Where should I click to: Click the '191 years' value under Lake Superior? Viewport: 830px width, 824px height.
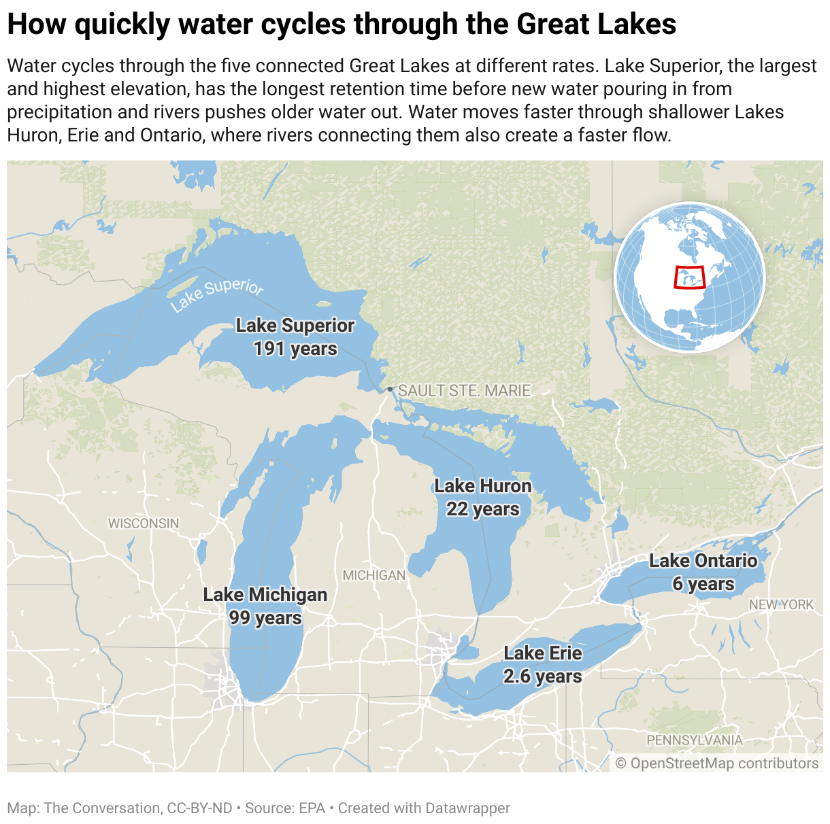[x=295, y=349]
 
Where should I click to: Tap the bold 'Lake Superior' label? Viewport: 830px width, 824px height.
[x=295, y=326]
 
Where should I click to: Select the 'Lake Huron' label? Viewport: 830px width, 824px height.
[x=482, y=486]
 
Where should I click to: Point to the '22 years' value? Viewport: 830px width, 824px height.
[x=482, y=509]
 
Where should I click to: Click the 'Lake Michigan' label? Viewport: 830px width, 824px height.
[x=265, y=595]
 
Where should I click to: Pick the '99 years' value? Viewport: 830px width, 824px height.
[x=265, y=618]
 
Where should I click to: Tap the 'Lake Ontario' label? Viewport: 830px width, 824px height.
[x=703, y=561]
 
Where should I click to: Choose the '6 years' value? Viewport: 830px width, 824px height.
[x=703, y=584]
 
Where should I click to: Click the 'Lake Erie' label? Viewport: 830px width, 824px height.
[x=543, y=653]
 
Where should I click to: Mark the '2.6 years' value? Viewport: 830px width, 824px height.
[x=543, y=676]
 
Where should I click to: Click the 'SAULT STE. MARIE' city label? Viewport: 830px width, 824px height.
[x=464, y=391]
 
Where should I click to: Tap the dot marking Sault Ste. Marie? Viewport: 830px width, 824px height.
[x=390, y=390]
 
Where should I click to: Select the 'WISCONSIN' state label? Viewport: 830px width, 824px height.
[x=144, y=523]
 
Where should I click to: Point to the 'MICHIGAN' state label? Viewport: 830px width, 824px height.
[x=374, y=576]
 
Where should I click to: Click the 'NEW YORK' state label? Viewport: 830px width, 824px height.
[x=781, y=604]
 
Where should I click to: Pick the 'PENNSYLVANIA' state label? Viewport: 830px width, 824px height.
[x=695, y=740]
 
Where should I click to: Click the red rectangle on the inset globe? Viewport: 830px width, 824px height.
[x=690, y=277]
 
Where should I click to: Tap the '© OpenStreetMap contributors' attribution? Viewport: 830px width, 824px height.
[x=717, y=763]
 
